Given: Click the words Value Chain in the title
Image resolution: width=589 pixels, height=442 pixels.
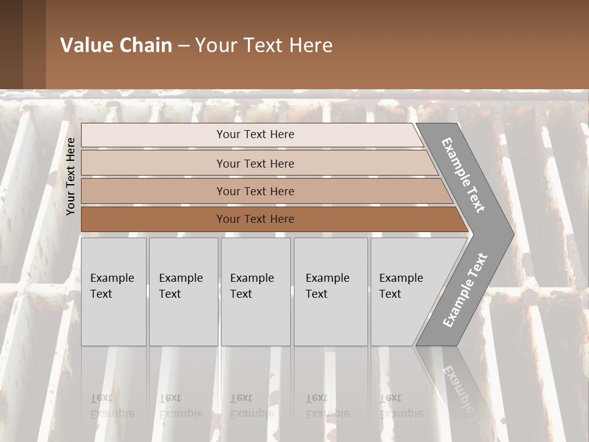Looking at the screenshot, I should click(116, 45).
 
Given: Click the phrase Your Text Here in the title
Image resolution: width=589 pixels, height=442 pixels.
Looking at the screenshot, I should click(264, 45).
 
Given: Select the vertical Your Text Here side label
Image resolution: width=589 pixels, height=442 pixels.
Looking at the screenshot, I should click(71, 177).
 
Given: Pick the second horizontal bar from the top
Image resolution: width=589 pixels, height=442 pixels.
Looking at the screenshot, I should click(255, 163).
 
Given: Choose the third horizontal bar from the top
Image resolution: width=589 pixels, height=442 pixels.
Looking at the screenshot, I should click(255, 191).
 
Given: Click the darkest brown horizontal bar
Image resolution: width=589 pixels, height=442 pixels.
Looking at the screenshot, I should click(255, 219).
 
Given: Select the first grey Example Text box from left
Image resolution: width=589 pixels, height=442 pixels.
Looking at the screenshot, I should click(114, 292).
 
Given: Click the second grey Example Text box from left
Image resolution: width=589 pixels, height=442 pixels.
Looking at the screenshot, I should click(183, 292).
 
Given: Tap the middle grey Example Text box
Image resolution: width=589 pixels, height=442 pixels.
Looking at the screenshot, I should click(255, 292).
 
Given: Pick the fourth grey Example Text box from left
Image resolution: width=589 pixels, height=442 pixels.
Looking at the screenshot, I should click(331, 292).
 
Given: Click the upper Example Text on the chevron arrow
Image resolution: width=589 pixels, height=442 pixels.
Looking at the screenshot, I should click(463, 175).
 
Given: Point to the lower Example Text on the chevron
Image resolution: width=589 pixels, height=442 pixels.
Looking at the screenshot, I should click(464, 290).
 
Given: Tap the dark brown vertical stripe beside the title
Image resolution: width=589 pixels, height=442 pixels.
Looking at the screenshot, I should click(34, 44).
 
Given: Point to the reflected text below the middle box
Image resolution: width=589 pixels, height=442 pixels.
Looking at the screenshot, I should click(252, 406).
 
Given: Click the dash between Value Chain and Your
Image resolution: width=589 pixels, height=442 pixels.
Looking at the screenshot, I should click(183, 46).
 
